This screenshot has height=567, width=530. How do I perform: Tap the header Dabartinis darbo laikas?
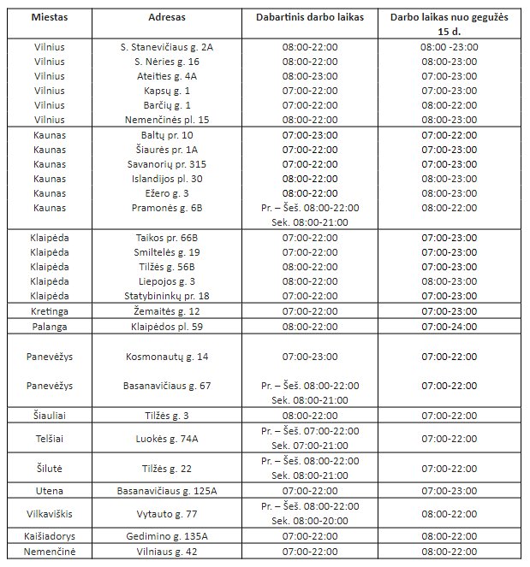point(310,16)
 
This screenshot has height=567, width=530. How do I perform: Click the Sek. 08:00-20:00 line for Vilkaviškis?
point(310,521)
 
